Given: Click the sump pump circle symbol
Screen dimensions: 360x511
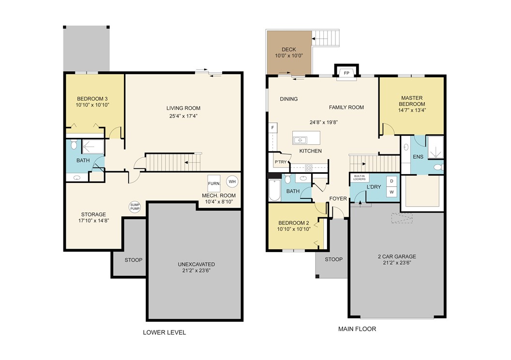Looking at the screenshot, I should [x=135, y=207].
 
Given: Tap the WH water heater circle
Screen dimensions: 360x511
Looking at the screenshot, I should [x=232, y=181].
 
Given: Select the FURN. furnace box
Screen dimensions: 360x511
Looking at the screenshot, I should [x=214, y=183].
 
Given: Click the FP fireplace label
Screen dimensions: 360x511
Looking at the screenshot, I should [x=346, y=73].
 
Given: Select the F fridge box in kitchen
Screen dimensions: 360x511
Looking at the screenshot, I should [x=273, y=128].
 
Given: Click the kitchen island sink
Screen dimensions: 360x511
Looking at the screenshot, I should [x=301, y=140].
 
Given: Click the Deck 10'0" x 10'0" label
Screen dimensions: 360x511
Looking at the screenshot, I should [x=289, y=52].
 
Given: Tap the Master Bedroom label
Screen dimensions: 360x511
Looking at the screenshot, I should [x=411, y=101].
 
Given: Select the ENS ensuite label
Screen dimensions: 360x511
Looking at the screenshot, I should [x=418, y=157].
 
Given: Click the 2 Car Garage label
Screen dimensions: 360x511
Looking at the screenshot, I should [x=396, y=260].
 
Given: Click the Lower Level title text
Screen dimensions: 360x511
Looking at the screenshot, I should [x=164, y=332].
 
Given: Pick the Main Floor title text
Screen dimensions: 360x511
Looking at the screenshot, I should [x=357, y=329].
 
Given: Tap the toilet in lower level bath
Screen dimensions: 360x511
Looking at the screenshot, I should [x=74, y=145].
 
